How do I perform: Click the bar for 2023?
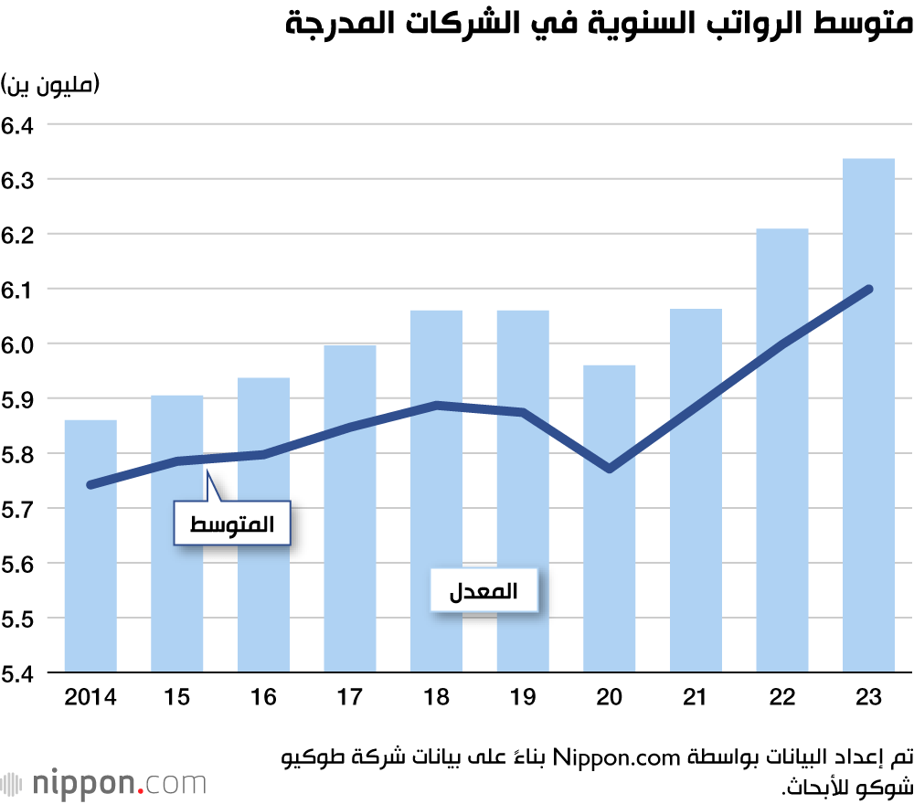868,416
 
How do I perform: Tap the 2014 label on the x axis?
90,698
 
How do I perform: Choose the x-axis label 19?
523,698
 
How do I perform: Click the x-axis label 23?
868,698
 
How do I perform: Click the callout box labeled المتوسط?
232,524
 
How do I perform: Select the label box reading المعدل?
484,592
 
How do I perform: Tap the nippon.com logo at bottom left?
104,784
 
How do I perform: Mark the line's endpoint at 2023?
868,289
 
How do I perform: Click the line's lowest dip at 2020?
609,469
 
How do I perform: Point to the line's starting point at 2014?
90,484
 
